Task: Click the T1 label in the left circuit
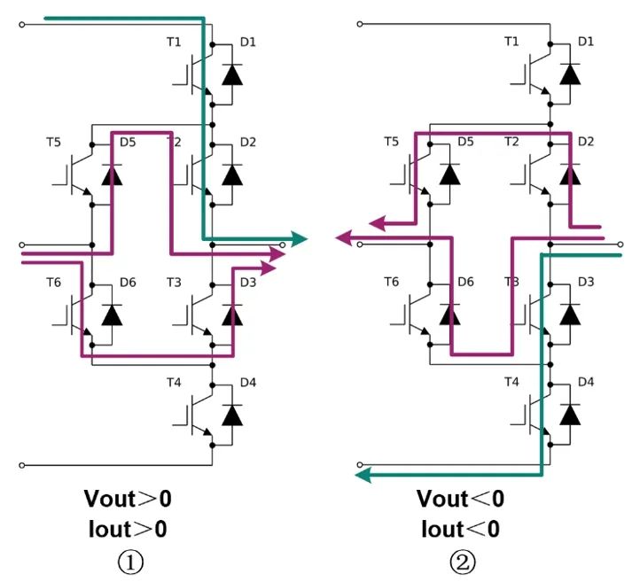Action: click(x=175, y=42)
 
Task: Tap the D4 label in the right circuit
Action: click(x=585, y=382)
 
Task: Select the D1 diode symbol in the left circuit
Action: click(x=232, y=74)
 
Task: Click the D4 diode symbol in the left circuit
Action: click(x=232, y=415)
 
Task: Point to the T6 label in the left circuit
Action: click(x=54, y=282)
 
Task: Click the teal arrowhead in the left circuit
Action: click(x=297, y=239)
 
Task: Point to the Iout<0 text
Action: click(x=462, y=529)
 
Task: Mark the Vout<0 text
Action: click(x=462, y=499)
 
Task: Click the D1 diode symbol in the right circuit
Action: click(x=570, y=74)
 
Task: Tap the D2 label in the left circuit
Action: click(x=247, y=142)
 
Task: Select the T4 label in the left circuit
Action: click(x=175, y=382)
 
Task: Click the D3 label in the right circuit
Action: click(x=585, y=282)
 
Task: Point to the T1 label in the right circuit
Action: click(x=512, y=42)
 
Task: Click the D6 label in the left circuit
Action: click(x=129, y=282)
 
